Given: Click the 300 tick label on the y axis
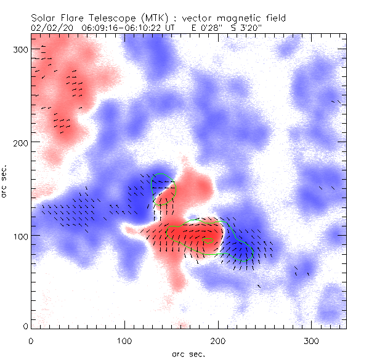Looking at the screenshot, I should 21,49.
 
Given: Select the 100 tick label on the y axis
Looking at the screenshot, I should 21,236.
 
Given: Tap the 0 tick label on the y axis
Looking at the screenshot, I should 25,326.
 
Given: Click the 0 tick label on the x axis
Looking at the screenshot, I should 31,340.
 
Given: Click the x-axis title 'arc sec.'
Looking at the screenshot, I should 188,354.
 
